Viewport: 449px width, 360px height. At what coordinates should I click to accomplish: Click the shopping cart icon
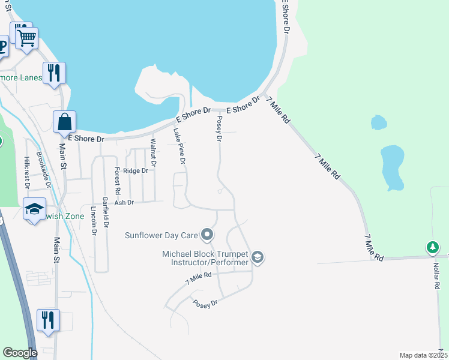26,39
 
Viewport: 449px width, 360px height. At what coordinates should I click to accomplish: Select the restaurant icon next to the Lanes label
54,73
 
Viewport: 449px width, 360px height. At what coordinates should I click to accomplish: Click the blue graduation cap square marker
34,209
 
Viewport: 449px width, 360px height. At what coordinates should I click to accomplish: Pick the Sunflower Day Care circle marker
207,234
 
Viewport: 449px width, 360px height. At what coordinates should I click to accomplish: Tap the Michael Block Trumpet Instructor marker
258,257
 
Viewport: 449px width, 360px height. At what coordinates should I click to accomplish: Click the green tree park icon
432,247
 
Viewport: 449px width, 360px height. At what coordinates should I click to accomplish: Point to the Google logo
20,353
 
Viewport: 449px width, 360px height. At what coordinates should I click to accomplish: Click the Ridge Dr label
135,171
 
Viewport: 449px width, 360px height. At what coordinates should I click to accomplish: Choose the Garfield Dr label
106,212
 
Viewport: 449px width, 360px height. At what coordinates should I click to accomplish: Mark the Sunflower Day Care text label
161,235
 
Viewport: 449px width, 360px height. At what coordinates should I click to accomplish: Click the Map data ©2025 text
423,355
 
